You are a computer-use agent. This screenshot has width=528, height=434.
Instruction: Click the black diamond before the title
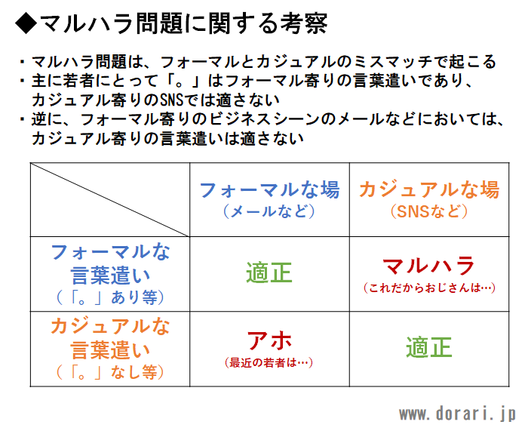tap(26, 23)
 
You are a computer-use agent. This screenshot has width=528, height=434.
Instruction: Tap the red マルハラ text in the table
tap(429, 266)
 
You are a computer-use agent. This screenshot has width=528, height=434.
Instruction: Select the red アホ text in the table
tap(269, 340)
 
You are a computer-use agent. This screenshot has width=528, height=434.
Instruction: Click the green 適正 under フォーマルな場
tap(269, 272)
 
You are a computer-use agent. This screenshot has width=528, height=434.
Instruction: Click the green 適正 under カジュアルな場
tap(429, 347)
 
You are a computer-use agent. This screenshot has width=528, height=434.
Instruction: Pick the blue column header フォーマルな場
tap(269, 189)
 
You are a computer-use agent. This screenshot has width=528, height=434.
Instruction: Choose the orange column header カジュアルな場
tap(429, 189)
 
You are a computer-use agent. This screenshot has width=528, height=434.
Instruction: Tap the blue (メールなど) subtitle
tap(269, 211)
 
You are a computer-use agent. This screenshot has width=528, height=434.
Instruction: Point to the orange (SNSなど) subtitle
tap(429, 211)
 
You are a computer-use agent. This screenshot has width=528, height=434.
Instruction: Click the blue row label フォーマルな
tap(110, 252)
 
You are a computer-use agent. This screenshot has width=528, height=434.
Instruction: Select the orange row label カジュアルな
tap(110, 327)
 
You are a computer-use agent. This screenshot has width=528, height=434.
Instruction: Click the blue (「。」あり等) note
tap(110, 297)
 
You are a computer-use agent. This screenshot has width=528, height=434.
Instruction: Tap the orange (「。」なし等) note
tap(110, 372)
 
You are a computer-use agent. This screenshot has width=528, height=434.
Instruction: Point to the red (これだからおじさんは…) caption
tap(429, 288)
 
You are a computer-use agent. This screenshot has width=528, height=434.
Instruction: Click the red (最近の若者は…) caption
tap(269, 362)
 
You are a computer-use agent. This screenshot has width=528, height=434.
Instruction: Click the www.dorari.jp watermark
tap(457, 414)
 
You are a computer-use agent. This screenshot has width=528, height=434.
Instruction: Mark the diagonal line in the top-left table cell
tap(110, 200)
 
